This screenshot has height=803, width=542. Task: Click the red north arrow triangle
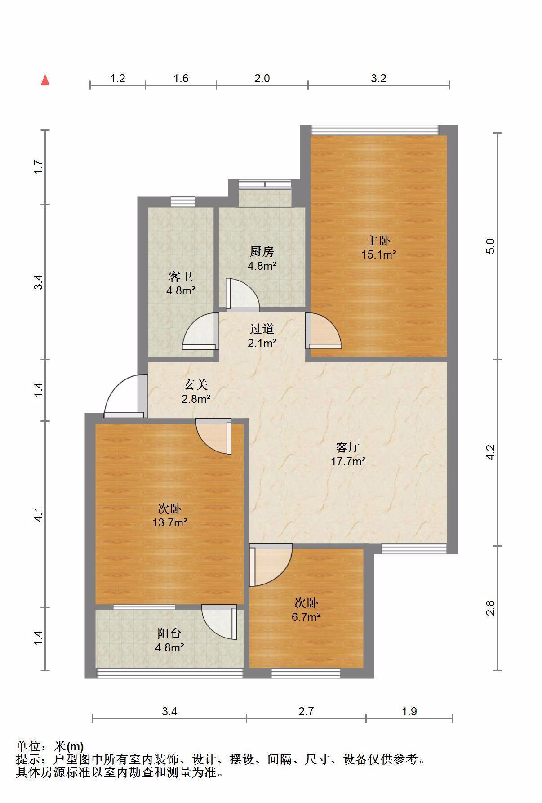tap(45, 80)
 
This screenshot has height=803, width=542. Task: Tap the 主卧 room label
tap(378, 241)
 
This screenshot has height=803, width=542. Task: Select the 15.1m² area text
tap(378, 254)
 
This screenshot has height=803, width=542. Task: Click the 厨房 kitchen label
tap(262, 251)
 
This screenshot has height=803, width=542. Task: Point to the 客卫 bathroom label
tap(181, 277)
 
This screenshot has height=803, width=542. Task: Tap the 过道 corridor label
tap(262, 329)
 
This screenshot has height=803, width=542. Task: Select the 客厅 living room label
tap(348, 447)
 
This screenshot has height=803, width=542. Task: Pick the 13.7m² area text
tap(170, 522)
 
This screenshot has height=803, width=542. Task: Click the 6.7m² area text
tap(306, 617)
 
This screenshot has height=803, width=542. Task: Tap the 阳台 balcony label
tap(169, 633)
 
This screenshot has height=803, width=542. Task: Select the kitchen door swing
tap(242, 294)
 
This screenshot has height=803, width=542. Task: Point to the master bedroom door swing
tap(323, 330)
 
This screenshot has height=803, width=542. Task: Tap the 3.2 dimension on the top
tap(378, 78)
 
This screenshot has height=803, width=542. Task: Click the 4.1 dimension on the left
tap(39, 514)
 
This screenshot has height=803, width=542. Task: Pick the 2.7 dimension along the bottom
tap(306, 711)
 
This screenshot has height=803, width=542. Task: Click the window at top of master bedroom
tap(375, 129)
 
